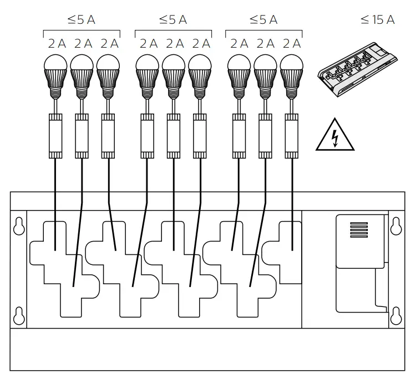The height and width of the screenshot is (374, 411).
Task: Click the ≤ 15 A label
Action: tap(377, 20)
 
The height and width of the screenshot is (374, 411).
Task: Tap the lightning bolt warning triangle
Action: tap(335, 136)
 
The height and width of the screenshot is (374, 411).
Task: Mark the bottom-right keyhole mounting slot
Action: tap(396, 315)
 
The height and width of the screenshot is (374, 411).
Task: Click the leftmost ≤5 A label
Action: tap(82, 20)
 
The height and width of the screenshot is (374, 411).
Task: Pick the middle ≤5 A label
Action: tap(173, 20)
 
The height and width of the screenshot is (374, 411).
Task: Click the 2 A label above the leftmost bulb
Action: tap(56, 44)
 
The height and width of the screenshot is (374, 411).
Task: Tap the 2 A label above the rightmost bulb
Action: tap(292, 44)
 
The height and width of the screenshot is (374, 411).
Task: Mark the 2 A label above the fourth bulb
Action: tap(148, 44)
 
